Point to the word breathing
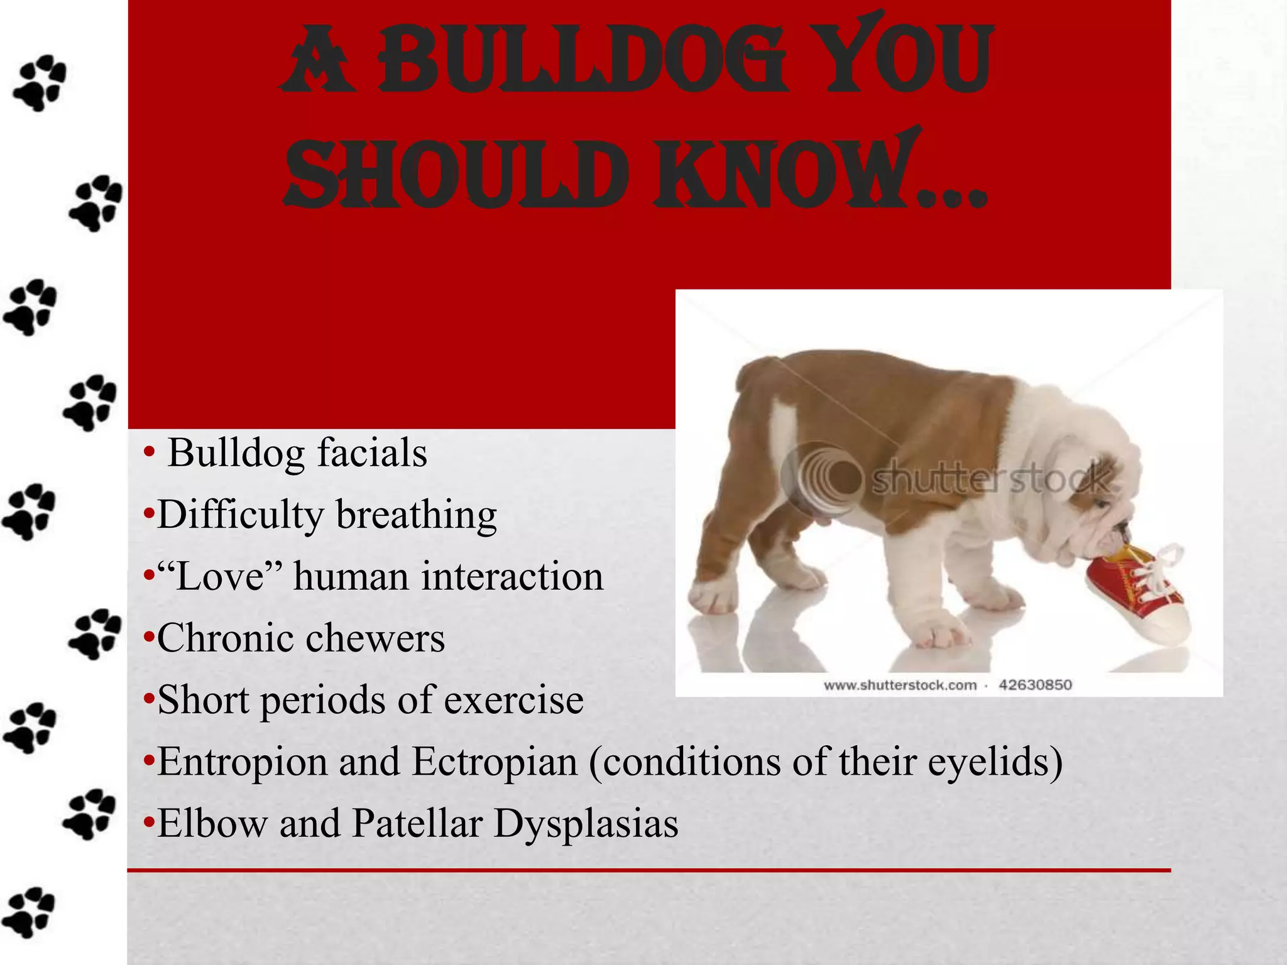pyautogui.click(x=416, y=515)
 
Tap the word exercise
pyautogui.click(x=513, y=700)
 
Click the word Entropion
pyautogui.click(x=242, y=763)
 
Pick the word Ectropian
pyautogui.click(x=495, y=761)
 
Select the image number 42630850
pyautogui.click(x=1035, y=684)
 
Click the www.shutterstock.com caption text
pyautogui.click(x=900, y=685)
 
